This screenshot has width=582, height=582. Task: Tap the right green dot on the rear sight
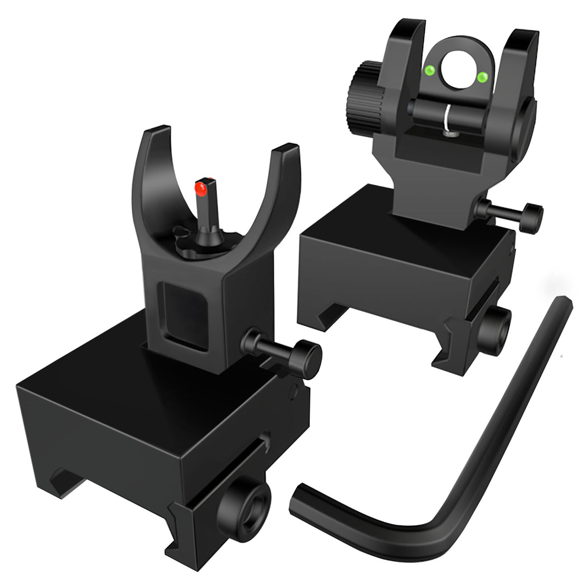(x=482, y=77)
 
